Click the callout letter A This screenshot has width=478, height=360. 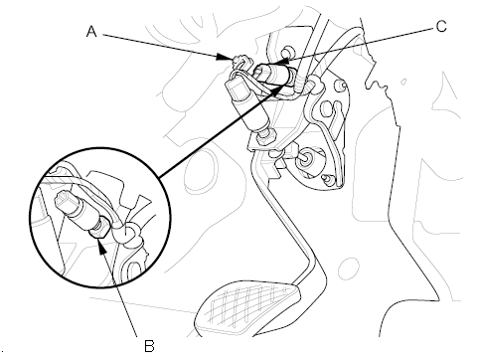pos(91,32)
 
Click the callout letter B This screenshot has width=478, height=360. pos(149,346)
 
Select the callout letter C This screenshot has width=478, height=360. pos(441,26)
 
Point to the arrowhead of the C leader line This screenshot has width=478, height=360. pos(278,61)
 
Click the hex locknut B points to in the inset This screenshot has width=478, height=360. pos(98,232)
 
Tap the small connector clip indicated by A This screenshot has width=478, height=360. pos(241,62)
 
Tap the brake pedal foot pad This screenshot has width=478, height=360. pos(248,308)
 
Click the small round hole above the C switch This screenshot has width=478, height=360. pos(287,52)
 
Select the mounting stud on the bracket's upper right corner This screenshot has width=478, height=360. pos(342,86)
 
